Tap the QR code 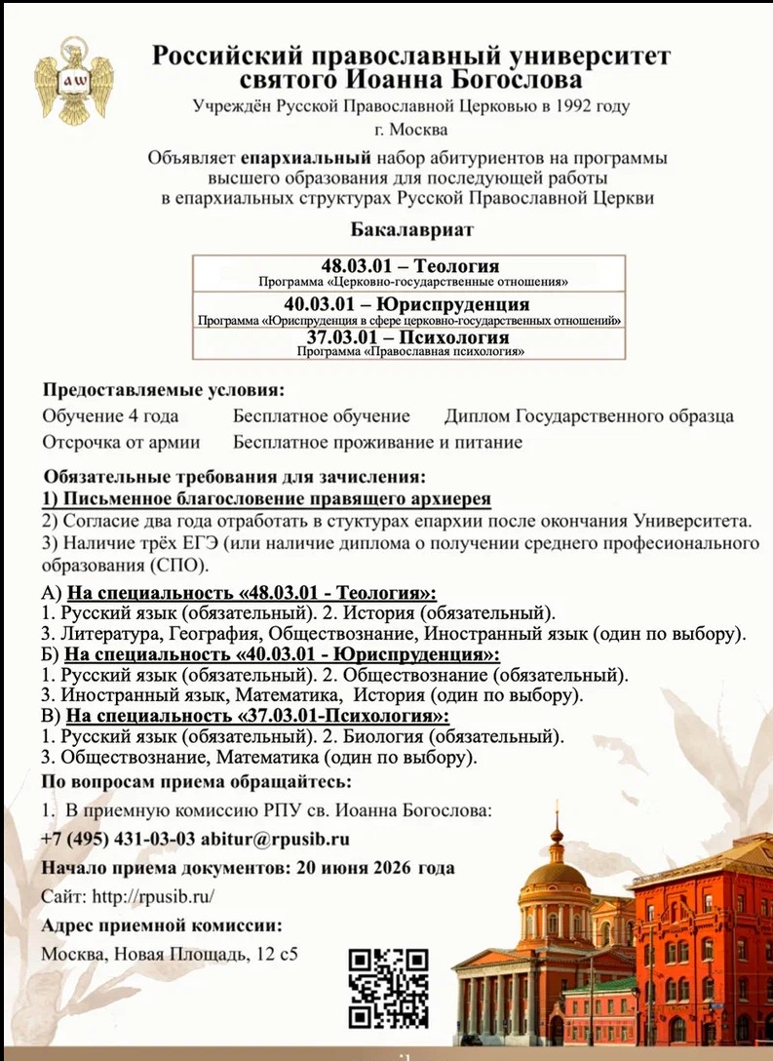click(388, 987)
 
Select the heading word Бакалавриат click(410, 230)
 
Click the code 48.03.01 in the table click(359, 265)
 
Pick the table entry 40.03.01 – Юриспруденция click(409, 304)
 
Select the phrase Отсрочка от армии click(121, 442)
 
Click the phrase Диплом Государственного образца click(589, 416)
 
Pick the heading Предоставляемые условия click(163, 390)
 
